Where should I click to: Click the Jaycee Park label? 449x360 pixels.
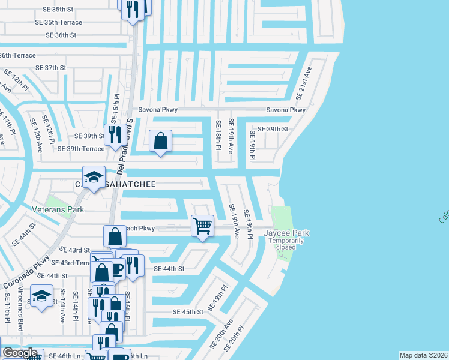[x=286, y=233]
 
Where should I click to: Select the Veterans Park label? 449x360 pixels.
[x=58, y=209]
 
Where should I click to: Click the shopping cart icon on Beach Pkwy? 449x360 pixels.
[x=202, y=226]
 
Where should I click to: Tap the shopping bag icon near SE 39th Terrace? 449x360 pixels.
[x=160, y=142]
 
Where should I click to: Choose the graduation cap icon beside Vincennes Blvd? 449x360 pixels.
[x=41, y=298]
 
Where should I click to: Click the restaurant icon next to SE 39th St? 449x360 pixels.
[x=112, y=134]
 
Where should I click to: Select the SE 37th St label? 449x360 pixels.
[x=50, y=68]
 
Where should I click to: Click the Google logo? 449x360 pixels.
[x=20, y=353]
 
